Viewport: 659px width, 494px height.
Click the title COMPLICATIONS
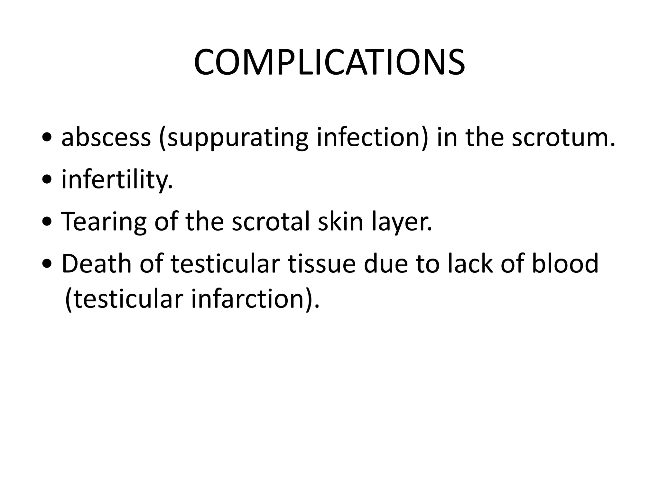point(329,62)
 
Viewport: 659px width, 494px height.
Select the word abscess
point(106,137)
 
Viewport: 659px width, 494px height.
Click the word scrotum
point(563,137)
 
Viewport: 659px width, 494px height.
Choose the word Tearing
point(104,222)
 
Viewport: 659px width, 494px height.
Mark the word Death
point(97,263)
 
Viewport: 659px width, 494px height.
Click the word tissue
point(321,263)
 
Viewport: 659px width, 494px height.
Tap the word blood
point(565,263)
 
